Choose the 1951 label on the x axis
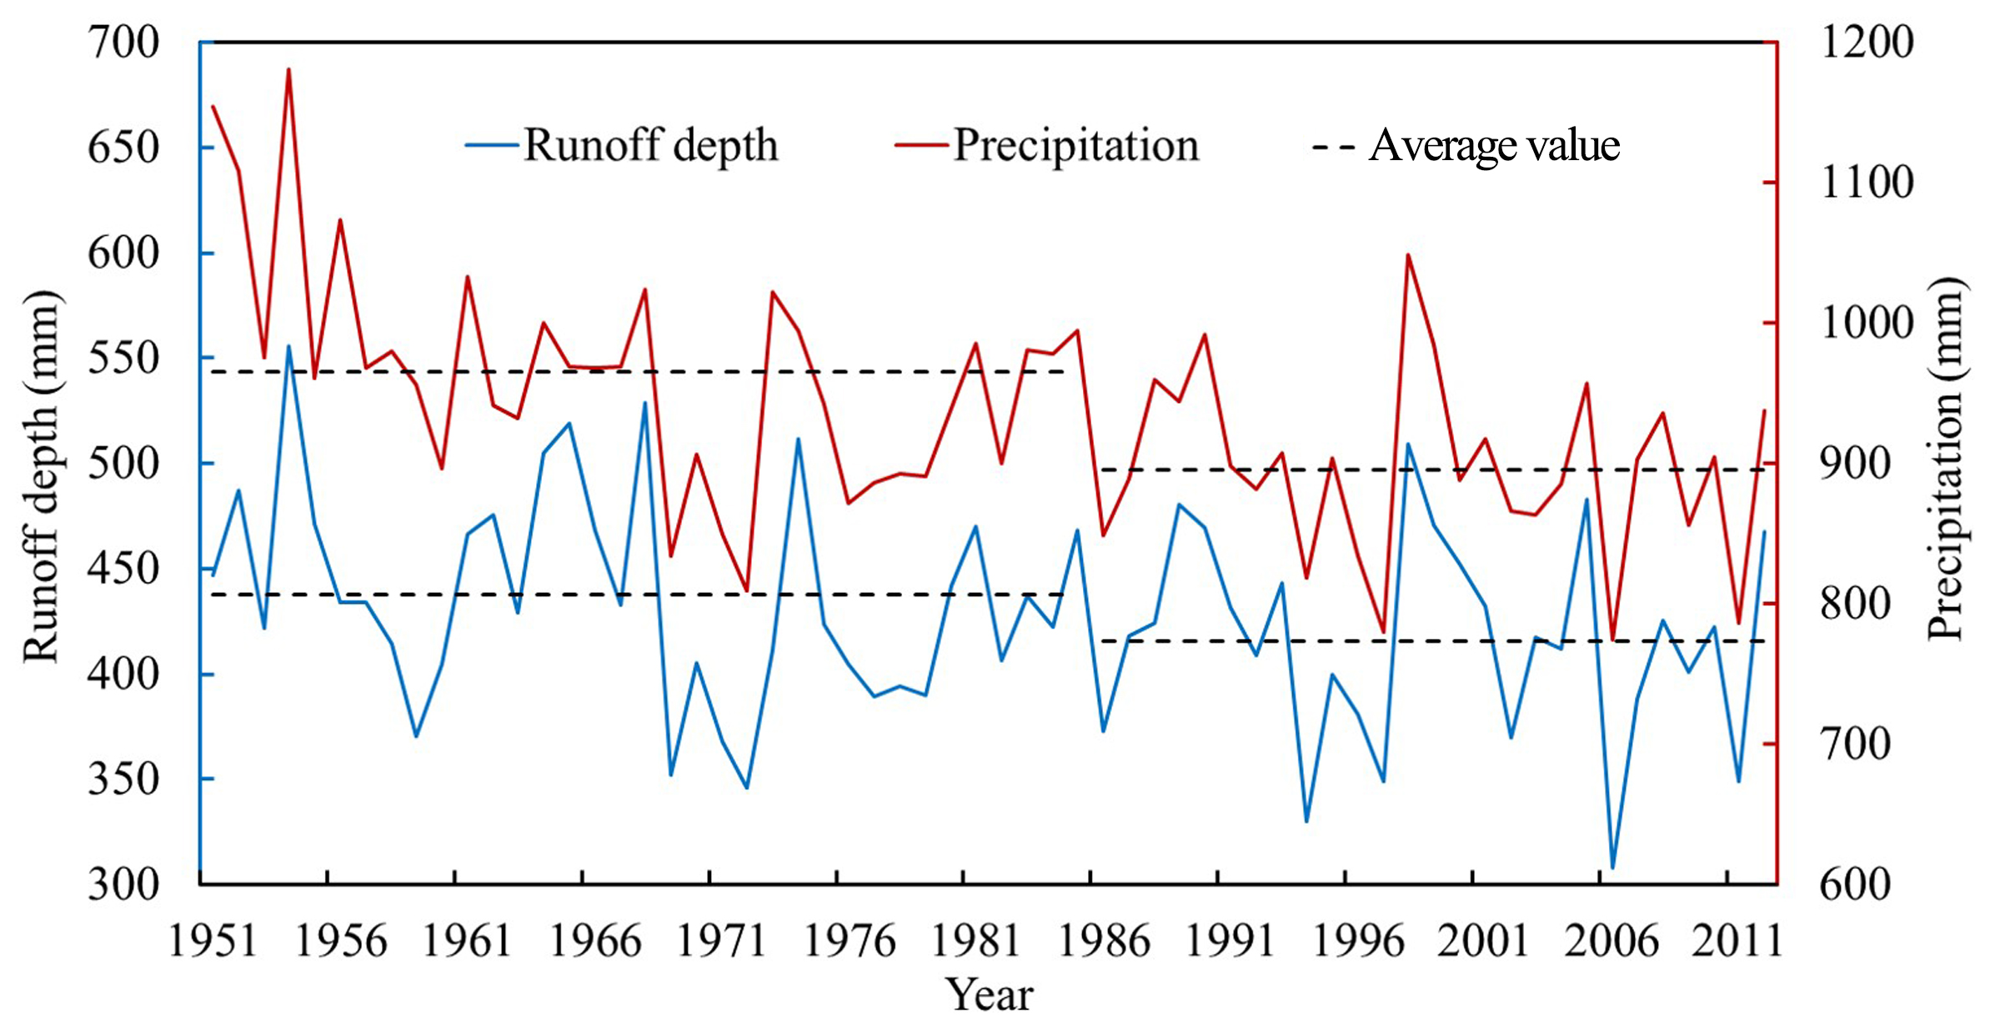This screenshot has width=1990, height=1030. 213,941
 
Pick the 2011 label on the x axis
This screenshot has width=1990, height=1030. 1737,941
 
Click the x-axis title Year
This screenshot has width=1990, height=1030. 989,994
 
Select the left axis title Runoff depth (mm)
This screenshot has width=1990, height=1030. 42,476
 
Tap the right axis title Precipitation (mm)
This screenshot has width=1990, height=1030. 1946,459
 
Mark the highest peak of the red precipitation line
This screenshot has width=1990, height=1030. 289,69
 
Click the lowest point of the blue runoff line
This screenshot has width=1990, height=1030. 1612,868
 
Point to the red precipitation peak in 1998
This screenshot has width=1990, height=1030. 1408,254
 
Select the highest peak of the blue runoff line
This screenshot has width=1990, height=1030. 289,345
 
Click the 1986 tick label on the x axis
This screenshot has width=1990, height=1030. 1103,941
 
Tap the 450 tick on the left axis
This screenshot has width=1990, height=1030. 123,569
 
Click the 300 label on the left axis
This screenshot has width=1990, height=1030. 123,884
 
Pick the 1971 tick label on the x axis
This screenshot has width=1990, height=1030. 721,941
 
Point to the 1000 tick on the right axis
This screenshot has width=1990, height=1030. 1867,323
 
